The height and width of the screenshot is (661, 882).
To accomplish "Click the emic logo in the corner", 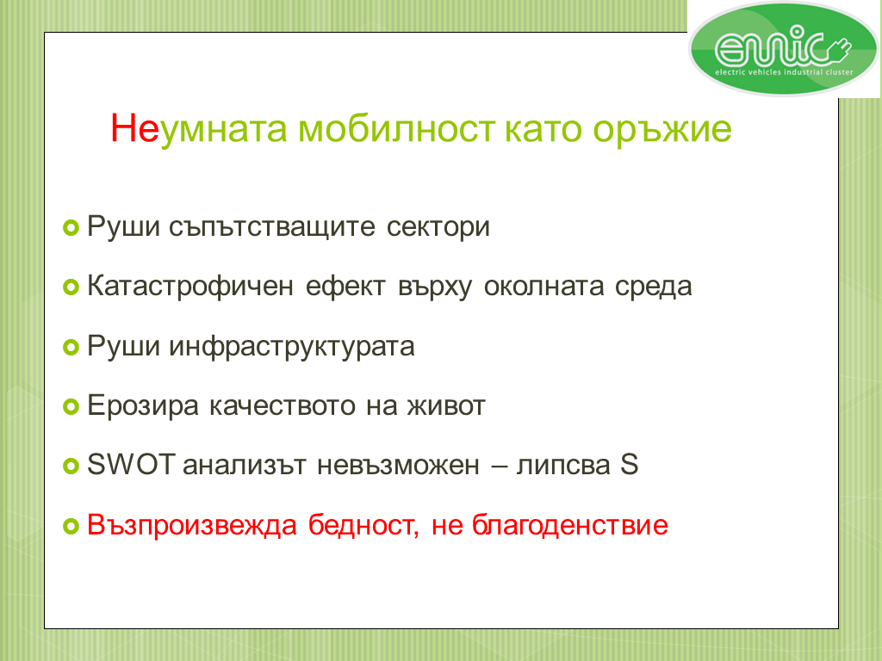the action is click(784, 48).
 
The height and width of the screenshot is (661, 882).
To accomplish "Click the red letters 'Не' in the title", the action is click(135, 129).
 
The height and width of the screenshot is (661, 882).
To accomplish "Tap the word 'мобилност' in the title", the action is click(396, 129).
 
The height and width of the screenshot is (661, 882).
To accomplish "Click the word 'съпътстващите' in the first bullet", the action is click(271, 226).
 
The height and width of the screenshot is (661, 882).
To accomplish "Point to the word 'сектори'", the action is click(438, 227).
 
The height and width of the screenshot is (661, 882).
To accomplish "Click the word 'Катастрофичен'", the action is click(190, 286).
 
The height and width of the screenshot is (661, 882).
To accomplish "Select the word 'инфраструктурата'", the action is click(292, 347).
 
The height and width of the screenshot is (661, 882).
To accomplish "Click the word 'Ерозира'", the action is click(143, 406).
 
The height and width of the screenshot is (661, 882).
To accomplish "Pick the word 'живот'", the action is click(446, 406).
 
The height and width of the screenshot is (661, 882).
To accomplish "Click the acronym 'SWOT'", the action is click(132, 465).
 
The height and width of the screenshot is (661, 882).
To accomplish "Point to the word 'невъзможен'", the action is click(398, 466).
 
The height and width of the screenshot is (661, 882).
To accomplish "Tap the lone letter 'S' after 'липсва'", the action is click(630, 465).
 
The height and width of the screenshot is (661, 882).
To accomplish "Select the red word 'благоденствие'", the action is click(570, 525).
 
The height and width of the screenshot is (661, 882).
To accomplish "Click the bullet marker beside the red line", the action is click(71, 527).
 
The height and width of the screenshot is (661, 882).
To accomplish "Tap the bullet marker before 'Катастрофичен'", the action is click(71, 287).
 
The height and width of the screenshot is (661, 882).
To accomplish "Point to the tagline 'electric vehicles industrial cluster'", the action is click(784, 72).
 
